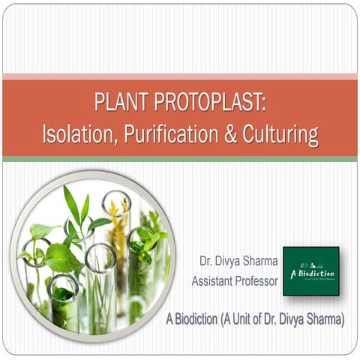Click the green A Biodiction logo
click(310, 271)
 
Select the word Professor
click(259, 281)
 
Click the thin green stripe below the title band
click(180, 159)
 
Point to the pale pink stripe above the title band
click(180, 76)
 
